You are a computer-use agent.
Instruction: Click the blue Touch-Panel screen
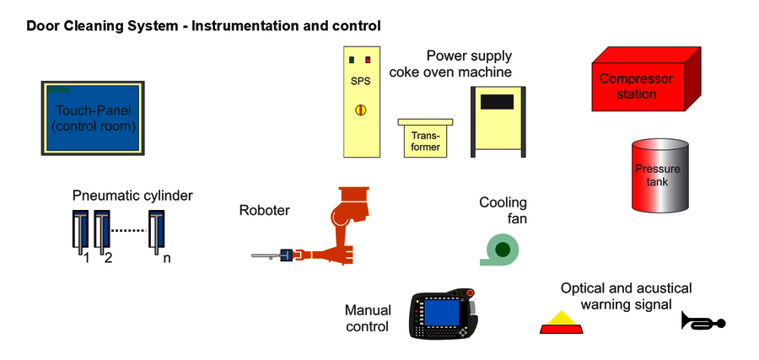click(92, 117)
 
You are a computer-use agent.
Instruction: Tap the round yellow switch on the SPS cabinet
click(360, 110)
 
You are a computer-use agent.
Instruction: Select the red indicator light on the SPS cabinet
click(369, 60)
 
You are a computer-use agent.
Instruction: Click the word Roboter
click(264, 211)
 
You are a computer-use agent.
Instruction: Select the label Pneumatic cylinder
click(132, 196)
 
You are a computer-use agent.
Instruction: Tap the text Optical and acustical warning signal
click(626, 296)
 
